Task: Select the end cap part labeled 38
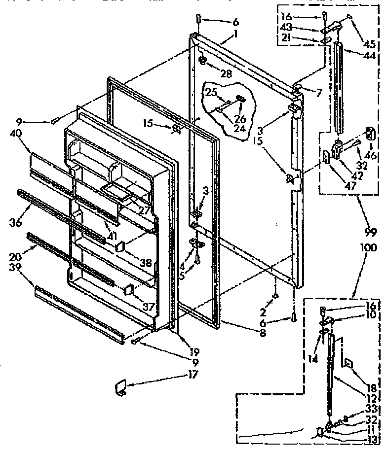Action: coord(120,247)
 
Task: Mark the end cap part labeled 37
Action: coord(129,290)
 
